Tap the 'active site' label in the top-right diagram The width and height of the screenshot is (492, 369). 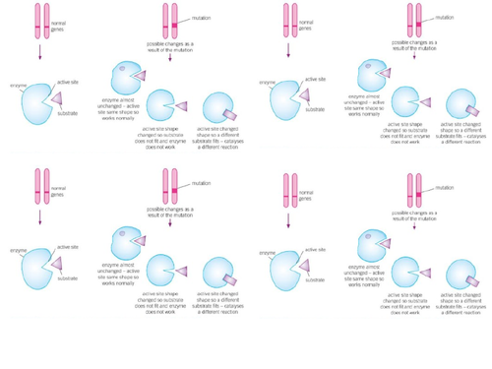(x=316, y=78)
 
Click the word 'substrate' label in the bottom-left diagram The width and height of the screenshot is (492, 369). (x=68, y=278)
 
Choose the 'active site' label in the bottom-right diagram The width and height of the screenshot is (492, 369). (x=316, y=248)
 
